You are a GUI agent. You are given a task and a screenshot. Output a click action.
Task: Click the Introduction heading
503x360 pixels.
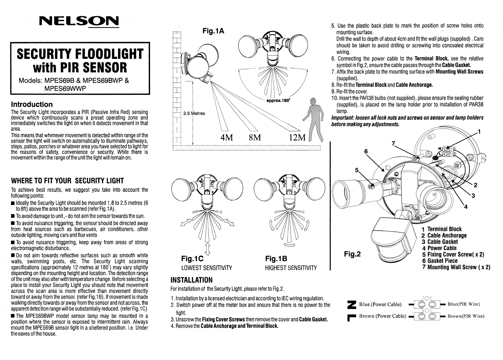click(x=32, y=104)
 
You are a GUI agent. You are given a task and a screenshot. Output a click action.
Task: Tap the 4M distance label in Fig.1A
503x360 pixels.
click(x=227, y=138)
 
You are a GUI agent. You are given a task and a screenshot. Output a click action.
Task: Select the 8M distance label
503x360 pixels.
click(x=255, y=138)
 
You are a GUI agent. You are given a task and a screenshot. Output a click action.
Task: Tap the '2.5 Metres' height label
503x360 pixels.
click(x=194, y=113)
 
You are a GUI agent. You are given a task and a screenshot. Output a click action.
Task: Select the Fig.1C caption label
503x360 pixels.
click(x=192, y=259)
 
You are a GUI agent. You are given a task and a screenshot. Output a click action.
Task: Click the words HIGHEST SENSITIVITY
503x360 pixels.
click(x=291, y=268)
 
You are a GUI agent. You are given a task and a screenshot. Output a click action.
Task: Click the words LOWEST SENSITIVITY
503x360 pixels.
click(x=207, y=268)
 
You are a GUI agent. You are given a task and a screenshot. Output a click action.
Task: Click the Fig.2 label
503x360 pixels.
click(x=352, y=254)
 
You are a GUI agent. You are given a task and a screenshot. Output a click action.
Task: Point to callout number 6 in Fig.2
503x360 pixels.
click(x=366, y=151)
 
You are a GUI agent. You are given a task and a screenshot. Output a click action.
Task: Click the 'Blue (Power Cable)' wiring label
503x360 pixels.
click(x=380, y=304)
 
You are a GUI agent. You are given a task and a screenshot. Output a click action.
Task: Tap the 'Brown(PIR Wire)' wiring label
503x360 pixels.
click(x=466, y=316)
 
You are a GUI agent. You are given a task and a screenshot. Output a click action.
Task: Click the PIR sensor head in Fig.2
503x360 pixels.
click(x=392, y=241)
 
